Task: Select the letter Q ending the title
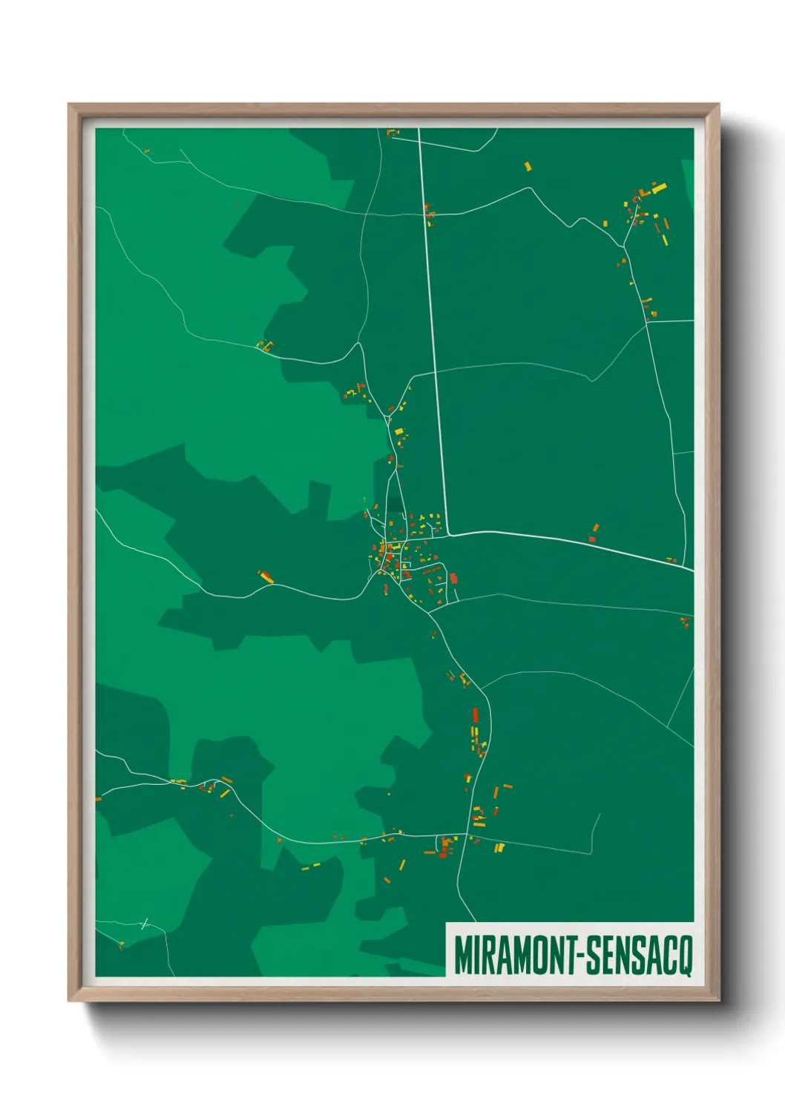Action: (x=685, y=956)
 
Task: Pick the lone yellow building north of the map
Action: (x=528, y=167)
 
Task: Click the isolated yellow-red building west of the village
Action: (x=266, y=576)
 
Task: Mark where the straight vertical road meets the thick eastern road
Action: (x=447, y=533)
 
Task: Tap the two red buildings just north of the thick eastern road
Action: (x=594, y=533)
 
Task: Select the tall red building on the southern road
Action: (x=476, y=716)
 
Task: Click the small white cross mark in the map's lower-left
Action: (x=145, y=924)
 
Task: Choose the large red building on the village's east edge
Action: (x=453, y=578)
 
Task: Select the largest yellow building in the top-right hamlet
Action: (x=659, y=188)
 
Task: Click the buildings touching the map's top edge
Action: (x=392, y=134)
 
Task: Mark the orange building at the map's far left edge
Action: (x=99, y=799)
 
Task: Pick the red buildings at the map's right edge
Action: (x=686, y=622)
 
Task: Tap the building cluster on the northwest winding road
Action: (x=265, y=345)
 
